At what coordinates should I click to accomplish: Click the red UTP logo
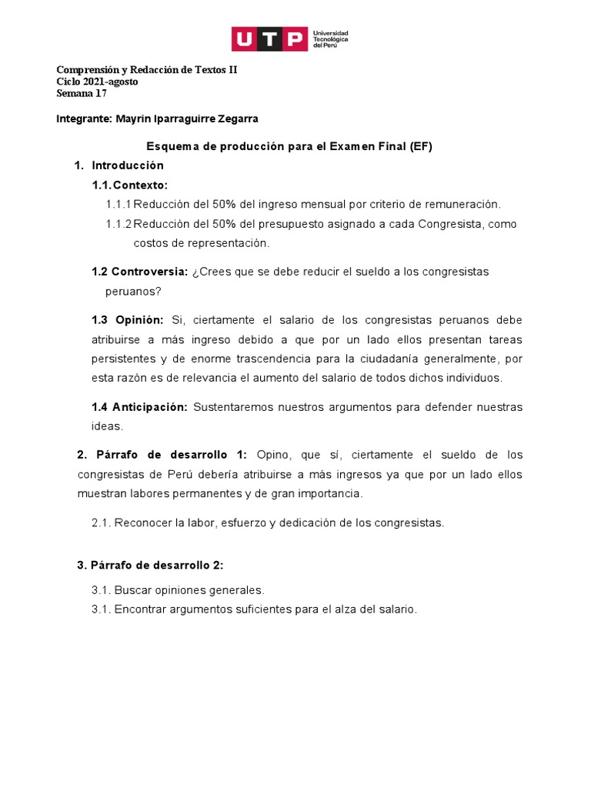point(269,39)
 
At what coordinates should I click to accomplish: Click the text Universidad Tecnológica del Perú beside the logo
point(330,39)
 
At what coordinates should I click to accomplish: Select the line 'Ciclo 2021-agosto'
point(98,82)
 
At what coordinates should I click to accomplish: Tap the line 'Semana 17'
point(82,94)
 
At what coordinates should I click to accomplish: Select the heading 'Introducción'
point(128,165)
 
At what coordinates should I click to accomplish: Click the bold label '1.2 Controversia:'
point(139,272)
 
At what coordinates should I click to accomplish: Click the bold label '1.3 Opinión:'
point(128,319)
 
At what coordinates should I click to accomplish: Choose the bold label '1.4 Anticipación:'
point(139,406)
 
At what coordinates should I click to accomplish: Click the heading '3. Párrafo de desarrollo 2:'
point(150,565)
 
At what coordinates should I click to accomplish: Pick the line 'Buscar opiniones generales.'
point(189,590)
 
